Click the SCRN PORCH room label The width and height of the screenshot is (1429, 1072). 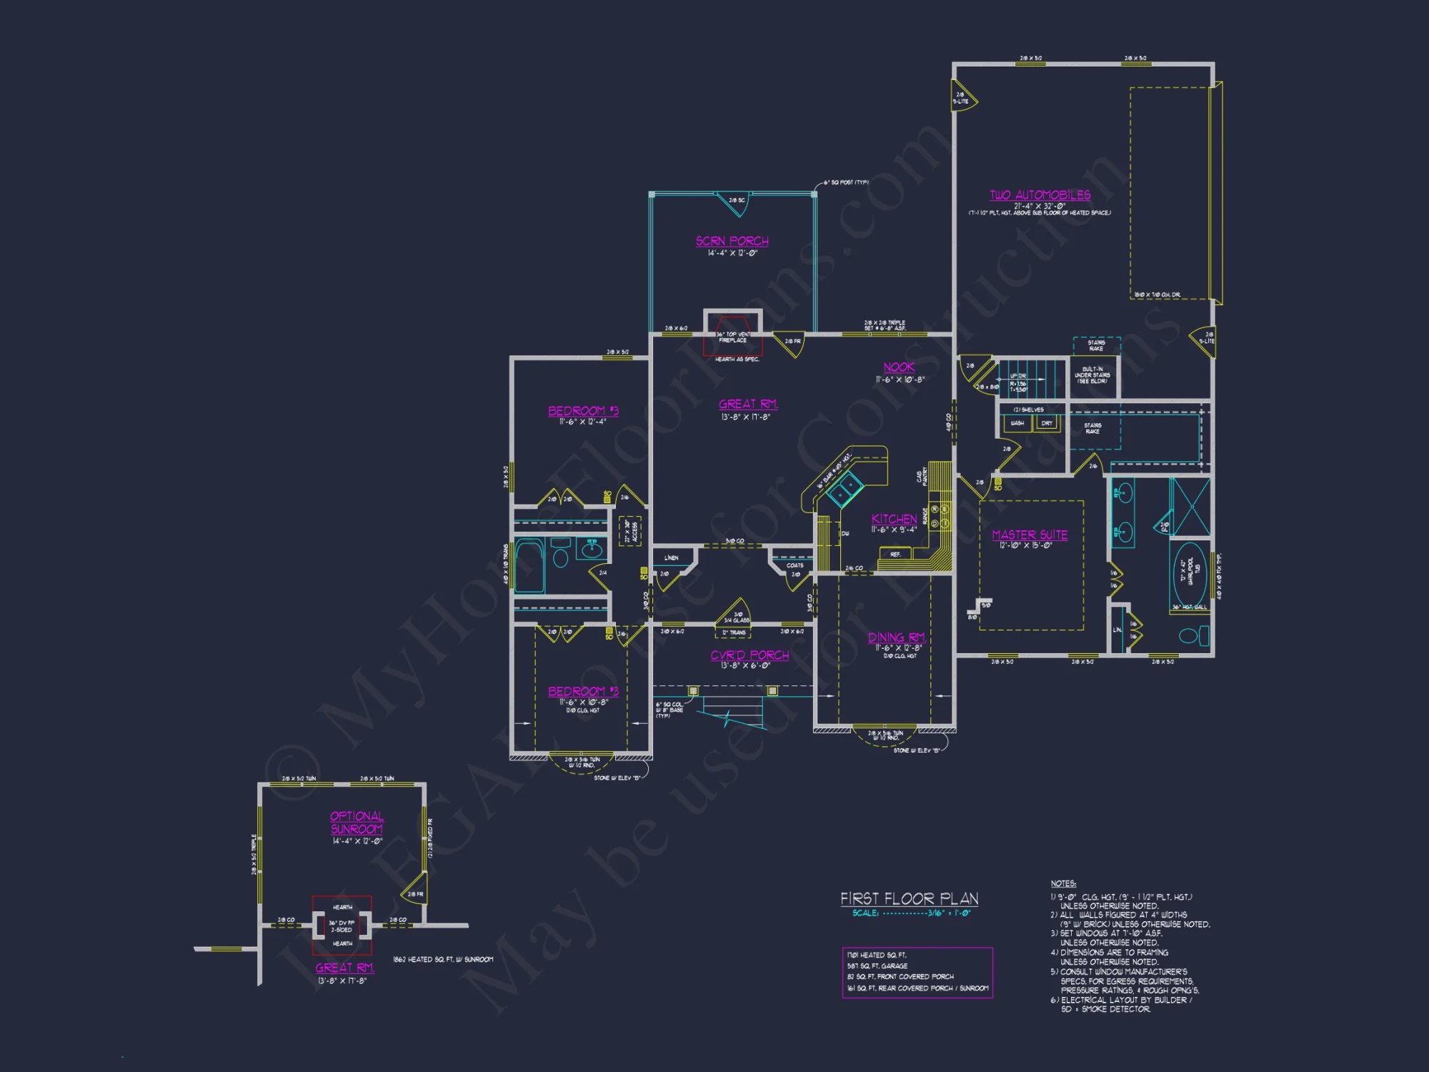[732, 241]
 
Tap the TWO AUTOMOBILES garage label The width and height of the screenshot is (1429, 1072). [1040, 195]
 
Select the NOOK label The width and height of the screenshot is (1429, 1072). [899, 367]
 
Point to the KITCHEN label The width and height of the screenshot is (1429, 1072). [894, 519]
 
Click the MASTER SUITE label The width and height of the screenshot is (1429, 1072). [1030, 535]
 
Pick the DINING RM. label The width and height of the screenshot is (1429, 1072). [897, 637]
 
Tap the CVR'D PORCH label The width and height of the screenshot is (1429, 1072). [750, 655]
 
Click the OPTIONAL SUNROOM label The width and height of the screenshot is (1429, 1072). [357, 823]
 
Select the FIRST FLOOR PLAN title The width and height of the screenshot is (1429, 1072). [909, 898]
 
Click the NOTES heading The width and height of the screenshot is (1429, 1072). [1063, 884]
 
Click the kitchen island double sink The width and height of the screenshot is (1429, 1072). [845, 489]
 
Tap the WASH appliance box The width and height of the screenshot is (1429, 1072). [1017, 423]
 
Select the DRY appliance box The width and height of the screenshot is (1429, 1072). [1047, 423]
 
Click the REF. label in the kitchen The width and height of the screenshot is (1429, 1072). [895, 555]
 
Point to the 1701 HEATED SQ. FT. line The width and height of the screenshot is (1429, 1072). [877, 955]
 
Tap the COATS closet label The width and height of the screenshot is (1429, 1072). [795, 565]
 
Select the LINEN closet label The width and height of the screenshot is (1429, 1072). [671, 558]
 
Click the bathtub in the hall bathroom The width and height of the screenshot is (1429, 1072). [529, 567]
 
